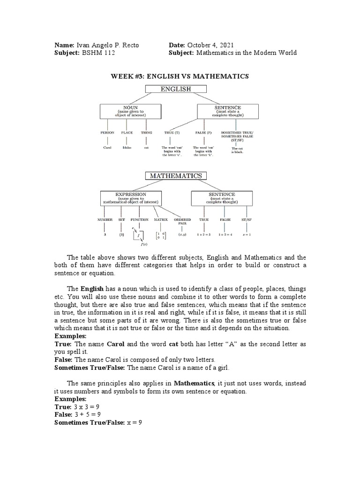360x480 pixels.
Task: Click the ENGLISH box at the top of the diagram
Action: coord(176,89)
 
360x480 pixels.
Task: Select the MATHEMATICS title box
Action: coord(176,176)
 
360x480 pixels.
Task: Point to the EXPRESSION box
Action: coord(131,198)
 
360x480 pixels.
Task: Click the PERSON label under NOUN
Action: coord(107,133)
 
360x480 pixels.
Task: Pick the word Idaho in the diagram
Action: coord(127,147)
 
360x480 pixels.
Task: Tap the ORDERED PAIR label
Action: coord(182,221)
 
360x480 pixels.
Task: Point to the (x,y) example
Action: coord(182,234)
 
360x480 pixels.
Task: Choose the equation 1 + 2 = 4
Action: coord(226,234)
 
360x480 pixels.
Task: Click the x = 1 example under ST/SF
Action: coord(247,234)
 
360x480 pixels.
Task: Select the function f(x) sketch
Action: coord(139,237)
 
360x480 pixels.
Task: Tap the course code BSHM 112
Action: coord(98,53)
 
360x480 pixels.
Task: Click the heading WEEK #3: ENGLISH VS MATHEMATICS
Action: coord(179,76)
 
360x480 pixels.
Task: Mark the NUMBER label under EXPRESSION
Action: coord(105,219)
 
